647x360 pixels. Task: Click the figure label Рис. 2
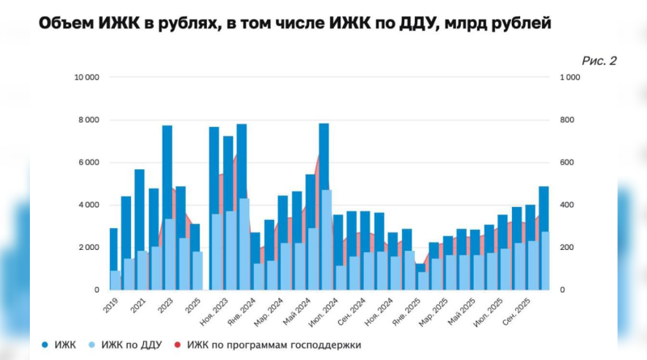(598, 61)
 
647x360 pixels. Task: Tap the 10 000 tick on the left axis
(87, 78)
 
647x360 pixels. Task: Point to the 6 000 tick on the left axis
(89, 163)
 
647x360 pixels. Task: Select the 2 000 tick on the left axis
(89, 248)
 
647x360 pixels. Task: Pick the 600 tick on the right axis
(568, 163)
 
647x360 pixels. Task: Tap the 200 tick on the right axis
(568, 248)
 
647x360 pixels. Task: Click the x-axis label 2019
(111, 305)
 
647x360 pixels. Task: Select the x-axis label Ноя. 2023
(216, 311)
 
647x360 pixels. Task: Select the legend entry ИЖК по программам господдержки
(274, 345)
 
